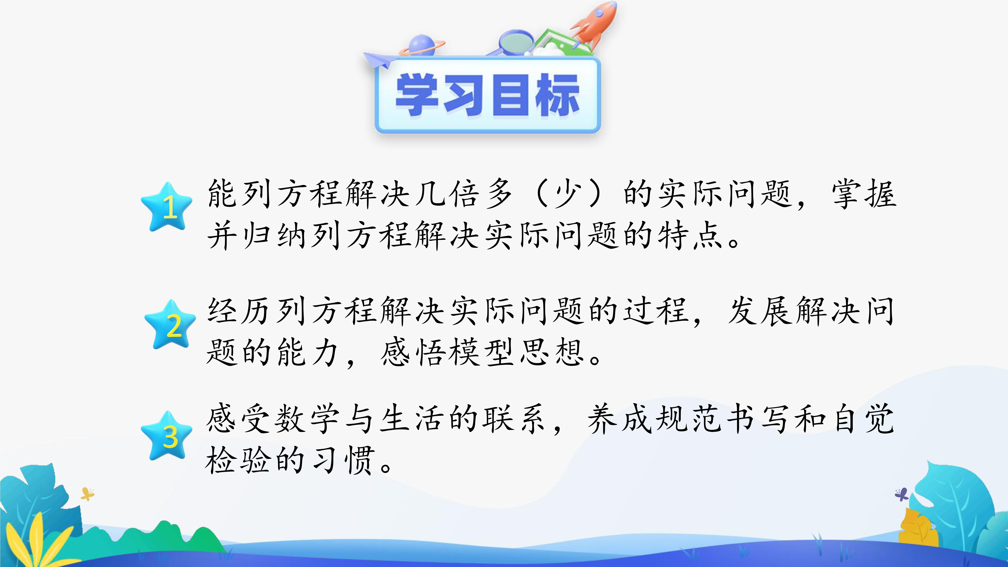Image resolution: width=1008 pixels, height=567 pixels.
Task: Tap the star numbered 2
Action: [170, 325]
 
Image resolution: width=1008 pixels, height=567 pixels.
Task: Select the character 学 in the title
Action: [417, 95]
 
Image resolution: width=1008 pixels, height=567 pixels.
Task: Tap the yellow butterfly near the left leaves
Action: [87, 494]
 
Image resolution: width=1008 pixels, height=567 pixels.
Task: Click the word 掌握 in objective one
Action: [864, 194]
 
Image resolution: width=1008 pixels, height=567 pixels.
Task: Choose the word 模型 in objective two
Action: [481, 352]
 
